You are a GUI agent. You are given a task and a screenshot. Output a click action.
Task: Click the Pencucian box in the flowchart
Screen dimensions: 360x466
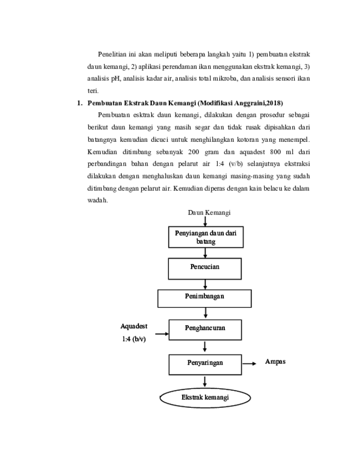point(205,269)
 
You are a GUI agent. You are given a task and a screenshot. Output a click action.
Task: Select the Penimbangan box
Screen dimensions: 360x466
point(204,298)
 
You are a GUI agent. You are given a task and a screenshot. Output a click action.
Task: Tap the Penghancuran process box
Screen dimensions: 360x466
point(205,330)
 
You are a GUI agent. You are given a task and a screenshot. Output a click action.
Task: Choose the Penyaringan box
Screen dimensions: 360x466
point(205,365)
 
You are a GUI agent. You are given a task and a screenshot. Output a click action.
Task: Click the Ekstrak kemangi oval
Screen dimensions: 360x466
point(205,398)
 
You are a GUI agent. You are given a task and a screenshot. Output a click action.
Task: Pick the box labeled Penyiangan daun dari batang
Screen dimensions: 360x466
point(205,237)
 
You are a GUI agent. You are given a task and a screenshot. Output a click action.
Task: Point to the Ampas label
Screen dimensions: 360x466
point(275,362)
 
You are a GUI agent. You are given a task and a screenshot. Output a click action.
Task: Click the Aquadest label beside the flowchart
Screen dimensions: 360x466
point(134,326)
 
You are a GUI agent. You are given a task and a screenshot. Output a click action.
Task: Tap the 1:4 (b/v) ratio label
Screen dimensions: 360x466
point(134,339)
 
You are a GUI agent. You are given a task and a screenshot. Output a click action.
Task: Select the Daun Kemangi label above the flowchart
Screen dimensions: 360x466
point(209,212)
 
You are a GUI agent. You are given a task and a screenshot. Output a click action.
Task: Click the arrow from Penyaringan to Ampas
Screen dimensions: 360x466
point(249,363)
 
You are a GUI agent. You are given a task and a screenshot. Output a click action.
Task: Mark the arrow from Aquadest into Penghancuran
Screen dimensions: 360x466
point(162,334)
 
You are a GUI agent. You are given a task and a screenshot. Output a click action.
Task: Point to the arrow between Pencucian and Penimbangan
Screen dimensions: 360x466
point(205,284)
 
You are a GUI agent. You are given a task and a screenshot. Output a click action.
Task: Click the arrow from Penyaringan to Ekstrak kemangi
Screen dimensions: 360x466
point(205,382)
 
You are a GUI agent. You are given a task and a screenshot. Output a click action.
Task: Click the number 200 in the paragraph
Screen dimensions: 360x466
point(193,152)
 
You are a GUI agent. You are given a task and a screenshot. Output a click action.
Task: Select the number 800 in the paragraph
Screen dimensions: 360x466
point(275,152)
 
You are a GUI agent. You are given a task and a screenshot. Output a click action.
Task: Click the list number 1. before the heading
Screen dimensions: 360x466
point(79,103)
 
